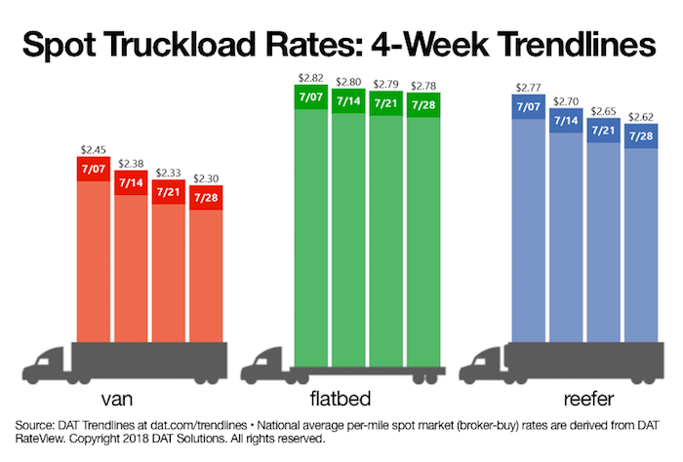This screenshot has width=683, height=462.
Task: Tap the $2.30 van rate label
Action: pyautogui.click(x=207, y=178)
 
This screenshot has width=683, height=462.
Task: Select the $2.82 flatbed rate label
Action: pyautogui.click(x=312, y=79)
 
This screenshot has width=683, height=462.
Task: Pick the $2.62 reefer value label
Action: pyautogui.click(x=641, y=117)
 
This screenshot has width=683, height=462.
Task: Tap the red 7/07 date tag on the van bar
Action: pyautogui.click(x=96, y=170)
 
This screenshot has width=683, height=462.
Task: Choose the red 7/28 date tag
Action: pyautogui.click(x=207, y=198)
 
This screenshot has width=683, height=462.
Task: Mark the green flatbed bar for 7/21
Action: pyautogui.click(x=386, y=234)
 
